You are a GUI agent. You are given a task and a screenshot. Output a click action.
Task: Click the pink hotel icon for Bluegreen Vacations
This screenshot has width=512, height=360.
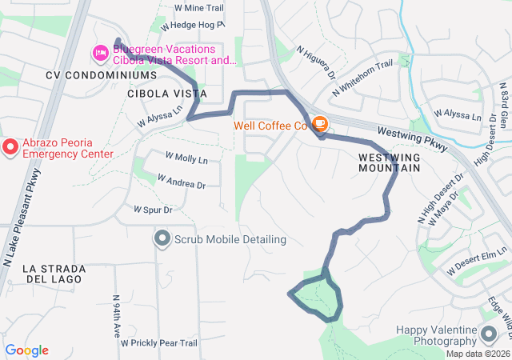(101, 53)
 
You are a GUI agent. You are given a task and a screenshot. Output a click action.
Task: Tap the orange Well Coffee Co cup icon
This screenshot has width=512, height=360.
(320, 124)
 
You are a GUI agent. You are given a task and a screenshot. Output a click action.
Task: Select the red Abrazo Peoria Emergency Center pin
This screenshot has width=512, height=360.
(10, 146)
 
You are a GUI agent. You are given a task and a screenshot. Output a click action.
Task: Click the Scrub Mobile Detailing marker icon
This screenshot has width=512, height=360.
(162, 238)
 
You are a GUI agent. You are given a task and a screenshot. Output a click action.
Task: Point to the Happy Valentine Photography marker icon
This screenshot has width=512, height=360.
(488, 333)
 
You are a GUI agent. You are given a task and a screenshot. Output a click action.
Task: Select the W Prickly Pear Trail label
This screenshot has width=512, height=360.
(158, 343)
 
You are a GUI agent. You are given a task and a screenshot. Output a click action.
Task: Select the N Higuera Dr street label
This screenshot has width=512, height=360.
(315, 62)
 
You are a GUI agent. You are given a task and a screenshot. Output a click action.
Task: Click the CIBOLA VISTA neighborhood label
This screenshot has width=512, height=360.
(161, 94)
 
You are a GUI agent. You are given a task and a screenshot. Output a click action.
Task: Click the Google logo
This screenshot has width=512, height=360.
(27, 350)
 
